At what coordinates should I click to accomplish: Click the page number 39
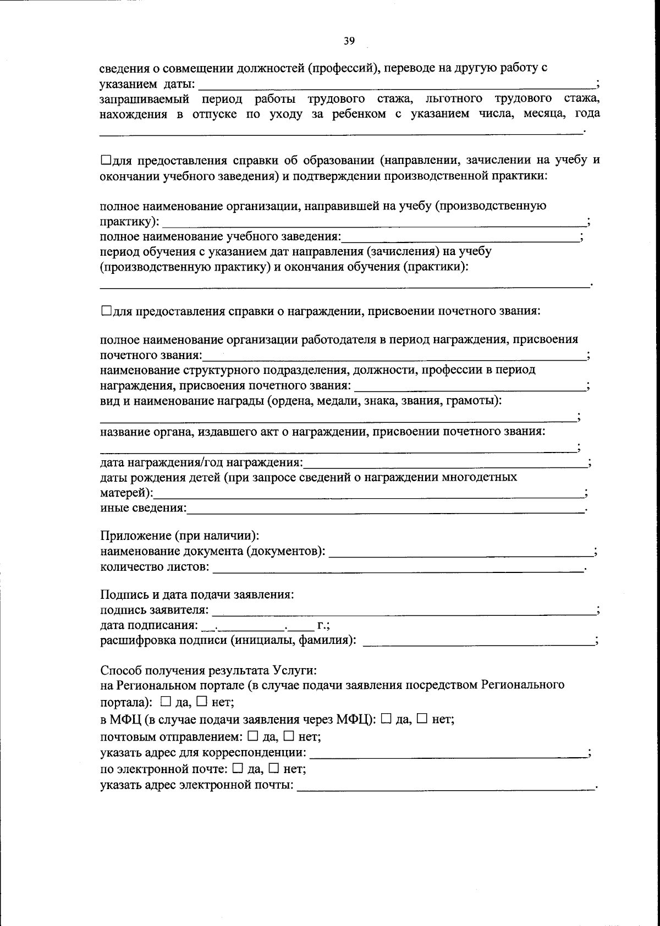(349, 41)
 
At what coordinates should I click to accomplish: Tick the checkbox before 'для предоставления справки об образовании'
(106, 161)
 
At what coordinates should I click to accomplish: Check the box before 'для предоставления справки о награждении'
(106, 311)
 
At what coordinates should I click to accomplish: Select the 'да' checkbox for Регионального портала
(166, 702)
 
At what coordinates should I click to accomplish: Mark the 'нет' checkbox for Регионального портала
(201, 702)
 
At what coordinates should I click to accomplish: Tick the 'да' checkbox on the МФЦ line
(386, 719)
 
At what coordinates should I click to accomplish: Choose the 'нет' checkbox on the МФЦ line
(422, 719)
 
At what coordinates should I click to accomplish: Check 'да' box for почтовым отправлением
(252, 736)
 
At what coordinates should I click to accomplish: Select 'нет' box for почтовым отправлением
(288, 736)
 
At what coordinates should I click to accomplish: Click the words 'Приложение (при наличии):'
(179, 536)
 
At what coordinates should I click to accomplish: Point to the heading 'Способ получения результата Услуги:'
(208, 670)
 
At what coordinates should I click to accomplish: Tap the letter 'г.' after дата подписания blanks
(322, 625)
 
